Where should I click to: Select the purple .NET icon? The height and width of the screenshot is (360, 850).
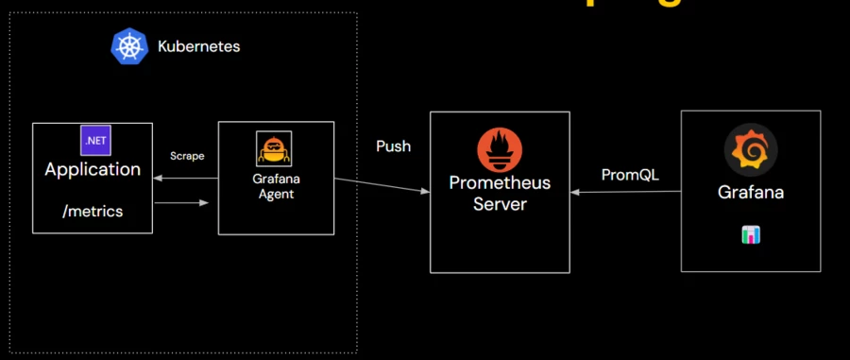94,140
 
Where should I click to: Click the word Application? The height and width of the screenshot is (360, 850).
93,170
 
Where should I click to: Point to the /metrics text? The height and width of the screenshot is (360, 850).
93,211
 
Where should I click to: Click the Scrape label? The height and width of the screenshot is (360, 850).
187,155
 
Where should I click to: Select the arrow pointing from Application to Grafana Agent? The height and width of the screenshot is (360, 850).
184,201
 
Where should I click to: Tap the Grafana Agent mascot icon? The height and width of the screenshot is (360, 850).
274,149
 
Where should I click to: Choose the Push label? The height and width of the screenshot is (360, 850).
393,147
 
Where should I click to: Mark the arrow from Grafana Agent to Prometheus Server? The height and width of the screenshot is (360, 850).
378,185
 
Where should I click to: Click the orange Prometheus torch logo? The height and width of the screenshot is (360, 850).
499,148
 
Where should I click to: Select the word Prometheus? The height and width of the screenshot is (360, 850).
499,182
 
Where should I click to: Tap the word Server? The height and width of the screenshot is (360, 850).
499,204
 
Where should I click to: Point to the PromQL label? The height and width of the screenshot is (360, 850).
630,176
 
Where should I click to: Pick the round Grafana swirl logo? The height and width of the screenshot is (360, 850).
751,150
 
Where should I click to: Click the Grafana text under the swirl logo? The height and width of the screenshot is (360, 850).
751,192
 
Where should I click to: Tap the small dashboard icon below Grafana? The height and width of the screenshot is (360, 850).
751,234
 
